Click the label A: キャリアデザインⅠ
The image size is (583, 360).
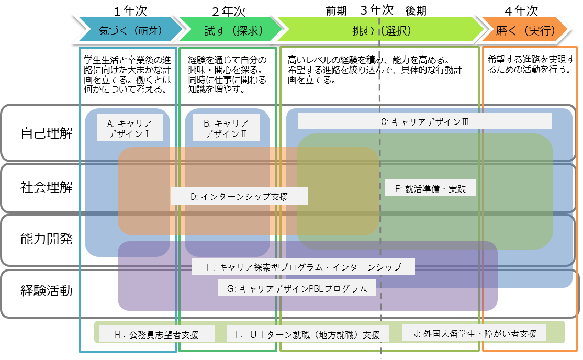[129, 128]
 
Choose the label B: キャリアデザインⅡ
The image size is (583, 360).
[226, 128]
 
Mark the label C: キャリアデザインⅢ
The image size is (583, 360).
[424, 121]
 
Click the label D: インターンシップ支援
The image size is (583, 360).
[239, 197]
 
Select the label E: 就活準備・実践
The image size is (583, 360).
[431, 188]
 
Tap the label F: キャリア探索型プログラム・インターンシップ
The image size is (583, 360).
[303, 267]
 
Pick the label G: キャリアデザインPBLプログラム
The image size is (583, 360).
[297, 288]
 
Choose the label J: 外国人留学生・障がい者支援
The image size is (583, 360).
[473, 333]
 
